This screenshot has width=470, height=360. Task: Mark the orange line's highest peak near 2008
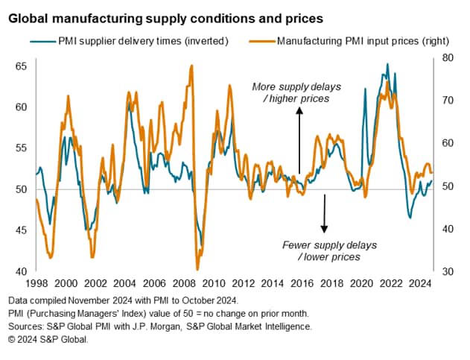click(192, 66)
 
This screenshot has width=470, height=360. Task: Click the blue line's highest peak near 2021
click(387, 65)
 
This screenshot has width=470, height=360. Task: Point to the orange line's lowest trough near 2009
click(197, 268)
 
